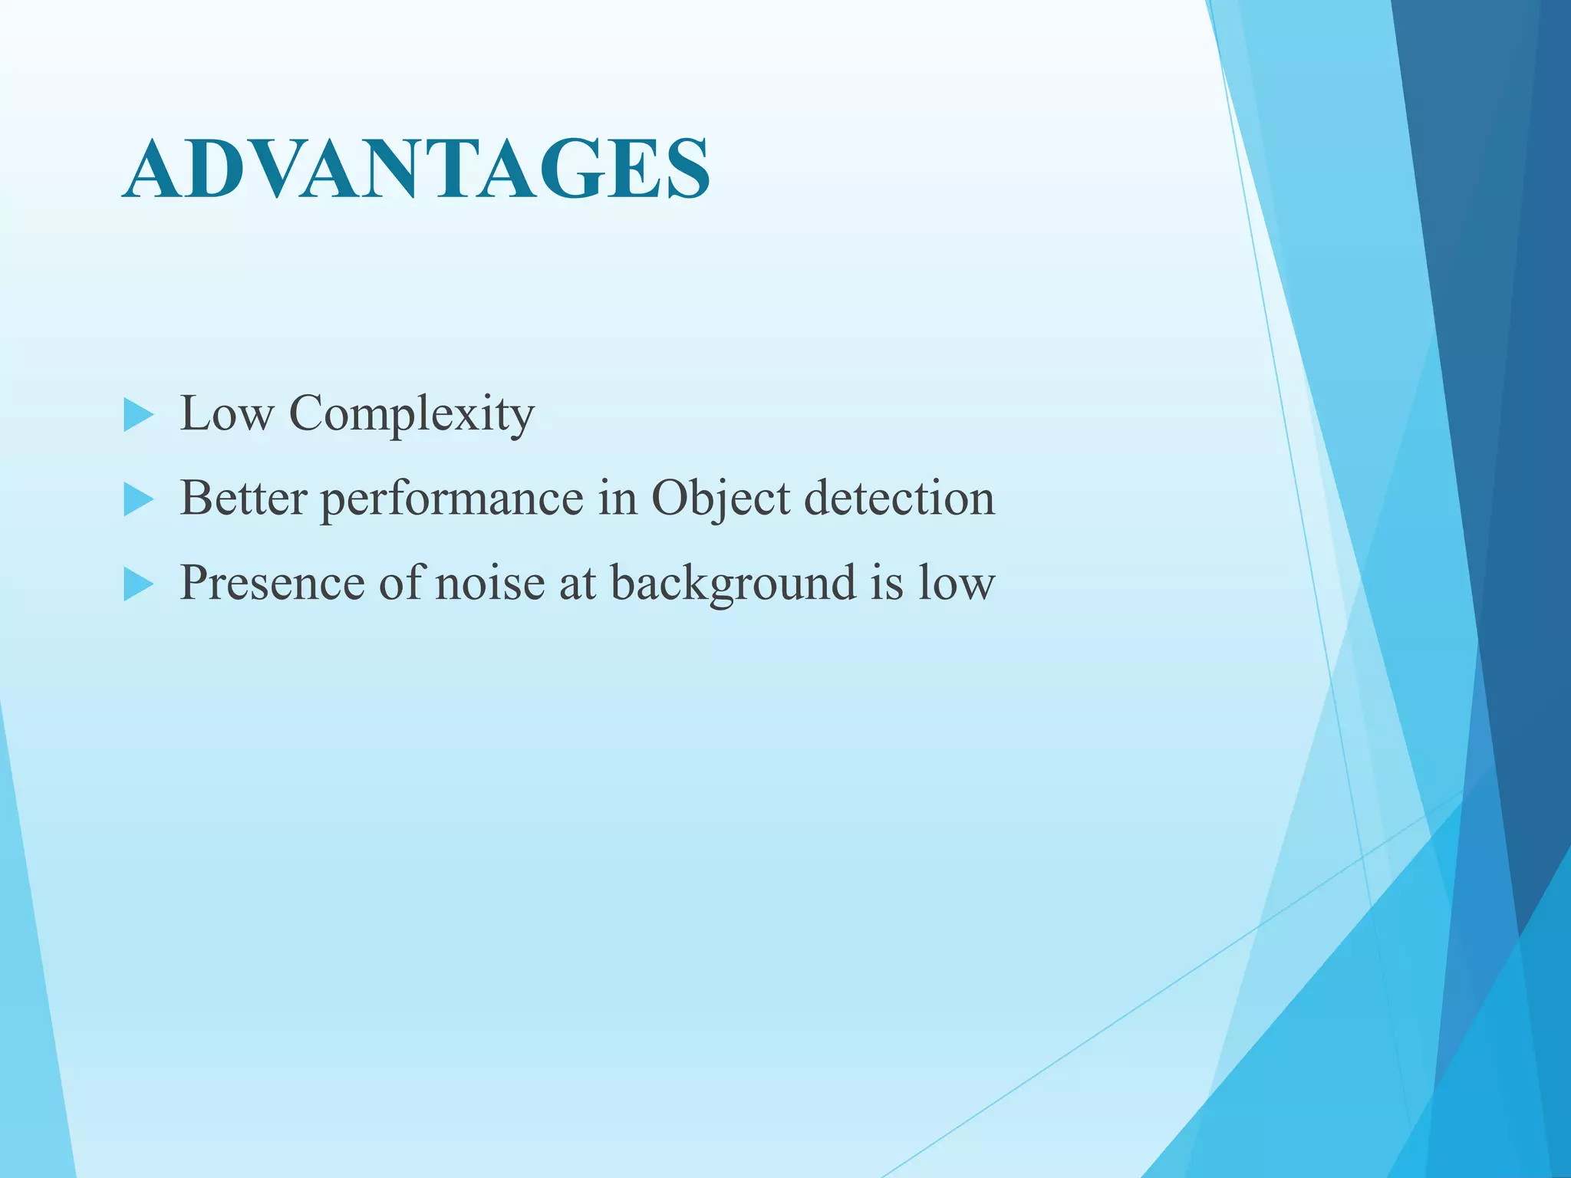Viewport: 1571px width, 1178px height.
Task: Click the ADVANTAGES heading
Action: click(416, 170)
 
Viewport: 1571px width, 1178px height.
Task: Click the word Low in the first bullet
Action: click(226, 414)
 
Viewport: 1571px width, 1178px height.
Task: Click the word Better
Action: click(243, 499)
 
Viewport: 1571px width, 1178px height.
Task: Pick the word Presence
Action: click(272, 583)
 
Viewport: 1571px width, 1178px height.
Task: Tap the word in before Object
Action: click(618, 499)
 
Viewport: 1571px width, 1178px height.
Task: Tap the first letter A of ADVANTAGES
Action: click(153, 170)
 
